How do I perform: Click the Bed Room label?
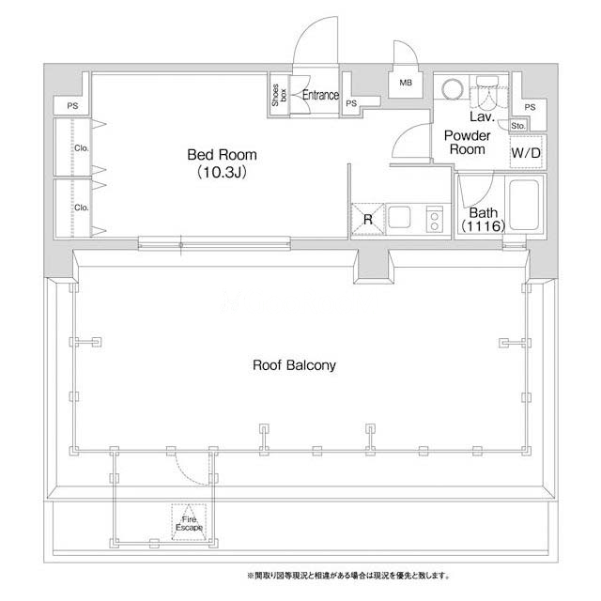pos(222,155)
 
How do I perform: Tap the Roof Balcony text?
pos(294,365)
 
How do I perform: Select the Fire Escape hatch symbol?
pos(189,522)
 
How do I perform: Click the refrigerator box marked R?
pos(368,219)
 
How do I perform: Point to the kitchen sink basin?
pos(399,218)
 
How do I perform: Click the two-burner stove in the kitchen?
pos(434,219)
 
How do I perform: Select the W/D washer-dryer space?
pos(526,152)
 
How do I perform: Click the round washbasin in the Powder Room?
pos(453,90)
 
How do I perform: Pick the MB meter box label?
pos(406,83)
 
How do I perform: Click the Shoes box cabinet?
pos(279,95)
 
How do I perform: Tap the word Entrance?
pos(320,95)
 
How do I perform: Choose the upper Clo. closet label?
pos(82,148)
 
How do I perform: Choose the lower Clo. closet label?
pos(82,208)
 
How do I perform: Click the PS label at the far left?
pos(72,106)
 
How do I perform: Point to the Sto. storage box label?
pos(518,126)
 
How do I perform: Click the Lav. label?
pos(482,116)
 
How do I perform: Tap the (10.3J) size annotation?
pos(222,173)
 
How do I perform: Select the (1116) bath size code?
pos(483,226)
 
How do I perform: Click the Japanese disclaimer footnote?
pos(348,576)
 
